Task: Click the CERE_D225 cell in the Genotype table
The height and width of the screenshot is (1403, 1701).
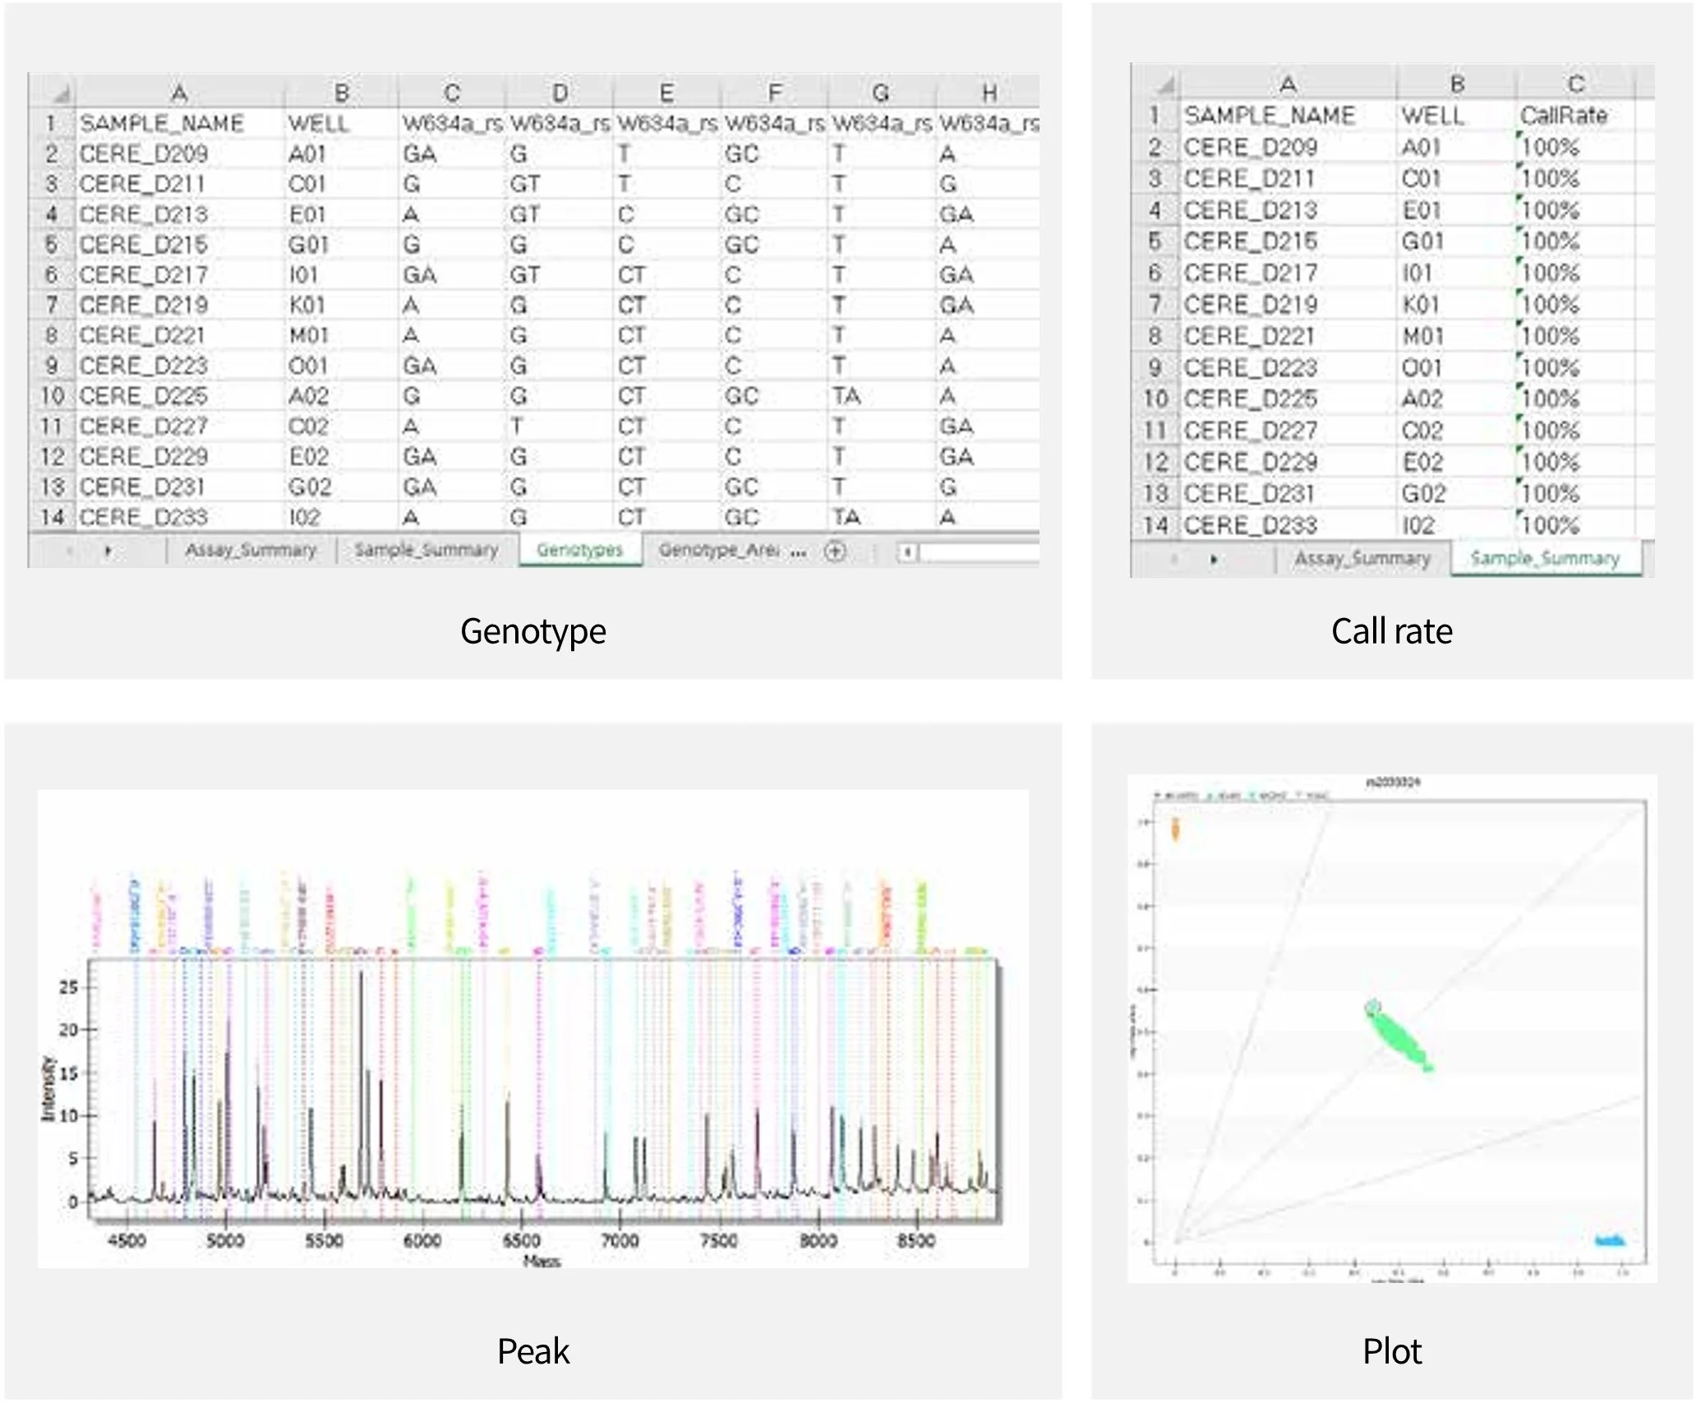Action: pos(143,396)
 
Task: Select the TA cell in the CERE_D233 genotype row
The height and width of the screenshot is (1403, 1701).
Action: pos(846,517)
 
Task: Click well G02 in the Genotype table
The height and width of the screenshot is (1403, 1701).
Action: pos(309,487)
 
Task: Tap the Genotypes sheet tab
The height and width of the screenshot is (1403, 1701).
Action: pos(579,550)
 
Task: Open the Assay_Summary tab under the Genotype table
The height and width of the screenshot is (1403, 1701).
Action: pos(250,550)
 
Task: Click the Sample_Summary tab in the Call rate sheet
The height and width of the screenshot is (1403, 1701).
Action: pos(1544,559)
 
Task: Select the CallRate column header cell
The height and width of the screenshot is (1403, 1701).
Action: pos(1563,116)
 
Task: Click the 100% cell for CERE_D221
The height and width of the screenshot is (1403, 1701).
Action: pos(1550,336)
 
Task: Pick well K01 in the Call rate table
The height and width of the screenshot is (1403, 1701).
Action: pos(1422,305)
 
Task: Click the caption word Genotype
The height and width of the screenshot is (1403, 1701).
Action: pos(532,631)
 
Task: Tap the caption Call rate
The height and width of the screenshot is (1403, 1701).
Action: pos(1391,631)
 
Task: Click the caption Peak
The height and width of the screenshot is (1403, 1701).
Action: pos(532,1351)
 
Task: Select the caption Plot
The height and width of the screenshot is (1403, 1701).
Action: pos(1391,1351)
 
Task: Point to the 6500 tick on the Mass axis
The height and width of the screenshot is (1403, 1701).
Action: pos(521,1240)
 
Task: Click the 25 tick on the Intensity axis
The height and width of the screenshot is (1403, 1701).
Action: pos(68,987)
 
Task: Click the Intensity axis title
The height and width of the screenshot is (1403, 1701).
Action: pos(48,1088)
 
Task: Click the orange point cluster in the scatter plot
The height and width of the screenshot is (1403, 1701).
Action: pos(1175,829)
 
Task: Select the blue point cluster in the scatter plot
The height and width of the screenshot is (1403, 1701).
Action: pos(1609,1240)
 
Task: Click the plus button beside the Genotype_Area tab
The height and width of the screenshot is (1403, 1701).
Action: pos(835,551)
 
